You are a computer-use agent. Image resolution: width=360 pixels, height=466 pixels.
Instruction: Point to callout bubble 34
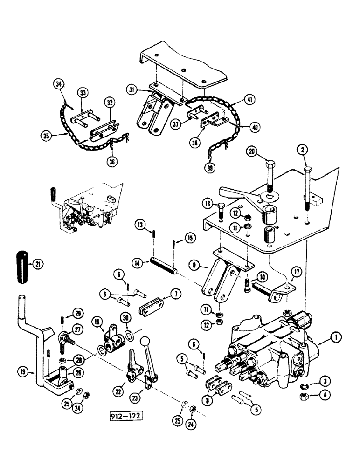[59, 84]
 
